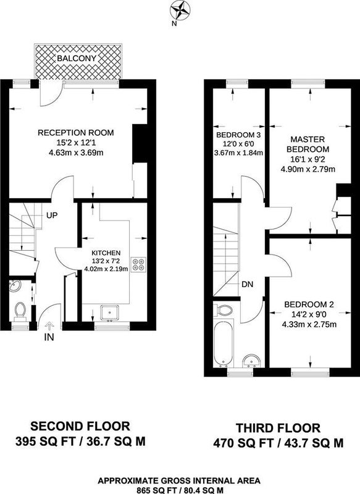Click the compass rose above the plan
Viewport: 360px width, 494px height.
180,10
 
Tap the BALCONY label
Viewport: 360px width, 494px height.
77,58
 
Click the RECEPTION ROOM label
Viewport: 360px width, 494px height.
75,133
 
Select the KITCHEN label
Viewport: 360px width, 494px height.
106,253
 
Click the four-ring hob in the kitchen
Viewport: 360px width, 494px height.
138,265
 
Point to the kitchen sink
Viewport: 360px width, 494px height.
110,312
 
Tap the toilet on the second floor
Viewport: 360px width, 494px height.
20,311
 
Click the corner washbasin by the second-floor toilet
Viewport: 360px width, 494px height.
15,286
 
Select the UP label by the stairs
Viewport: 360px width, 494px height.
52,216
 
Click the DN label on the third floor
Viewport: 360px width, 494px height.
247,285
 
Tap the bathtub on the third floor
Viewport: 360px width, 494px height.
223,343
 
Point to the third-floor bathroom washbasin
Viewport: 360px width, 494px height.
251,361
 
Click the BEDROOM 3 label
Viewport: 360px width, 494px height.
238,135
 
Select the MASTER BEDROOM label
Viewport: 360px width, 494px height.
308,144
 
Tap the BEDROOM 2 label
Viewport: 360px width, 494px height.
309,304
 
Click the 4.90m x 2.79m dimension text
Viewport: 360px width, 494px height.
308,169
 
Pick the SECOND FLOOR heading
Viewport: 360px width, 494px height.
80,426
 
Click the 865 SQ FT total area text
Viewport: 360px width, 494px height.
158,490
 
